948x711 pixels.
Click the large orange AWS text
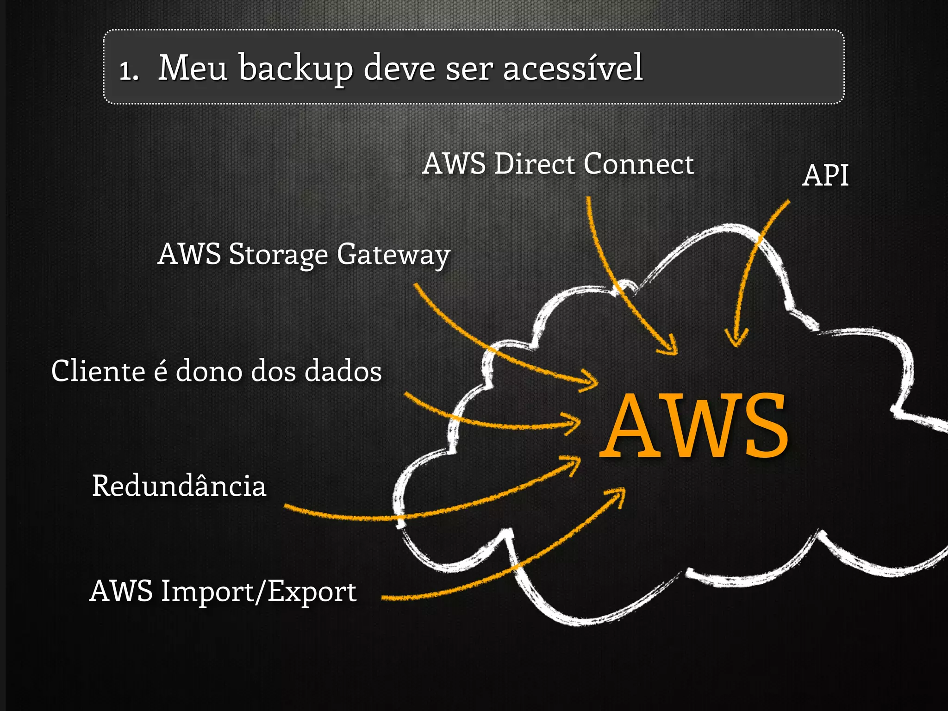pos(694,426)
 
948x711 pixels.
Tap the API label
pos(825,176)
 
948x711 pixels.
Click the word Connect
pos(639,164)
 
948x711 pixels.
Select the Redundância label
pos(179,486)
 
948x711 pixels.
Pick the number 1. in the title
pos(129,70)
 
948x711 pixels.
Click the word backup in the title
pos(296,69)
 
